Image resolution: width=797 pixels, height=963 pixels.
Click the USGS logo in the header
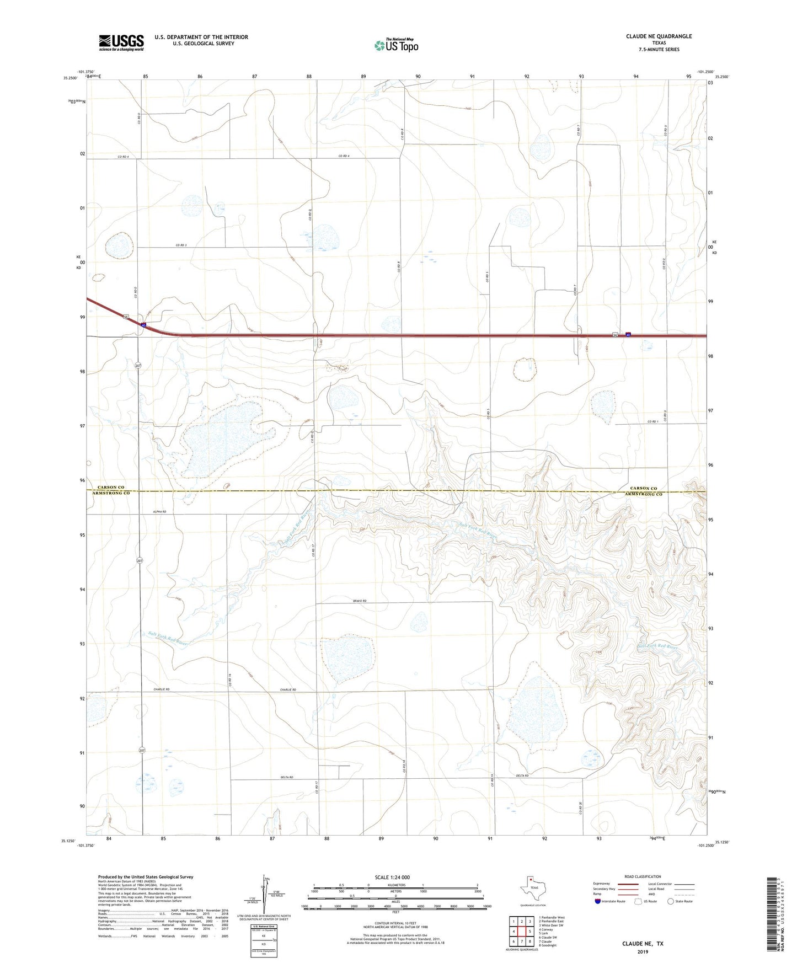click(121, 42)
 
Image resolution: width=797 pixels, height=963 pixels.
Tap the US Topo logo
click(396, 45)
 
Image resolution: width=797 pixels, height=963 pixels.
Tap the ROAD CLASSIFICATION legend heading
click(643, 876)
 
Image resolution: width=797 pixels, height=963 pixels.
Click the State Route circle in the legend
click(671, 901)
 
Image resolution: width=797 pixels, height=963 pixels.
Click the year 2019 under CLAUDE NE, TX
click(643, 952)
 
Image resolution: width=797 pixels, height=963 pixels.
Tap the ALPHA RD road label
click(159, 512)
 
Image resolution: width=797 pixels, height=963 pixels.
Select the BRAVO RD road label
click(360, 601)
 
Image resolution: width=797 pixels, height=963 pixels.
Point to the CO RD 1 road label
click(652, 422)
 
